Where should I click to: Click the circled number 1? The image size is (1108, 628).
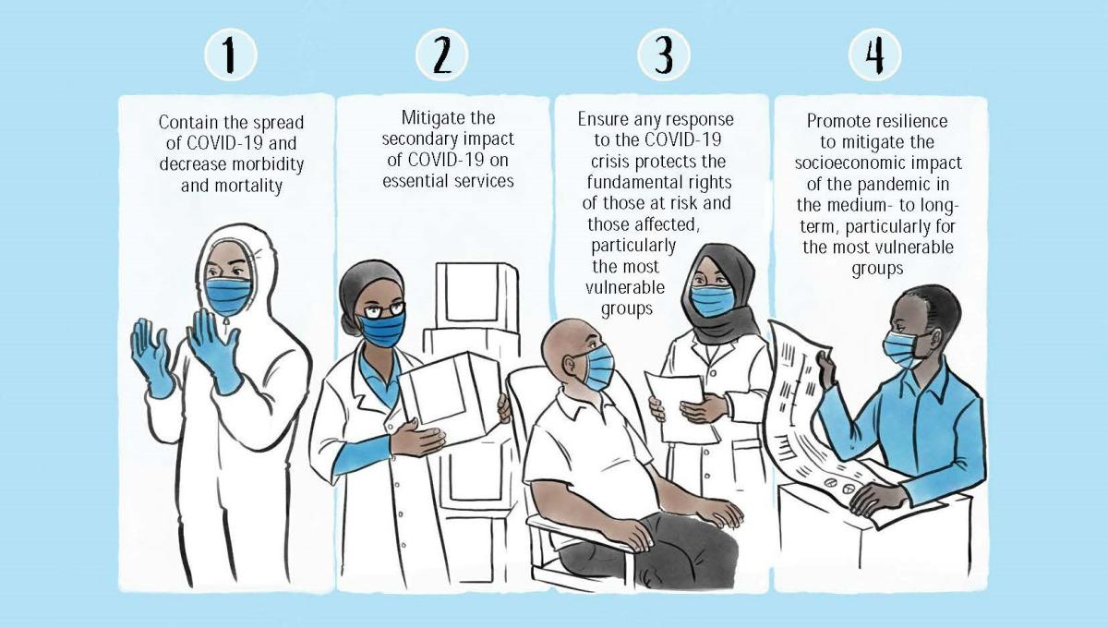pyautogui.click(x=231, y=54)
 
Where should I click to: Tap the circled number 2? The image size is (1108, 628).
pyautogui.click(x=441, y=54)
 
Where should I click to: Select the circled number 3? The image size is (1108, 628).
pyautogui.click(x=663, y=54)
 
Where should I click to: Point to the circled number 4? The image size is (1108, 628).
pyautogui.click(x=874, y=54)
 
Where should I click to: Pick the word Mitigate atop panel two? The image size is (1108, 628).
pyautogui.click(x=428, y=118)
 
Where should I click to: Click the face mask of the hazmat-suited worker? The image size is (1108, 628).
pyautogui.click(x=228, y=296)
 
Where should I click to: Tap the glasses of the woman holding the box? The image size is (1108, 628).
pyautogui.click(x=384, y=310)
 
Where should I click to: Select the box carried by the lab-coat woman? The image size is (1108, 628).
pyautogui.click(x=451, y=398)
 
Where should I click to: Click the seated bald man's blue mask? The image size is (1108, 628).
pyautogui.click(x=598, y=367)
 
